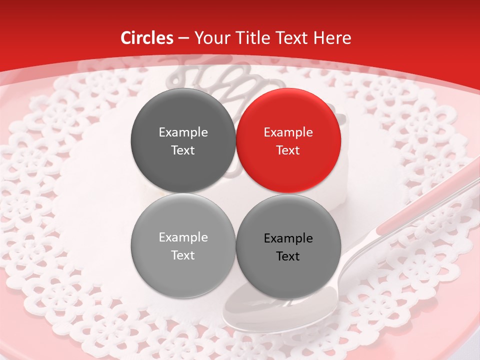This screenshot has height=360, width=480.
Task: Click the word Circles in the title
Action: click(x=147, y=38)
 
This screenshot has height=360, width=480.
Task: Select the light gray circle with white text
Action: click(x=183, y=246)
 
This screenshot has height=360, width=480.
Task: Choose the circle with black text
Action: click(x=288, y=246)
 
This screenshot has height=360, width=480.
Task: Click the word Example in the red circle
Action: click(x=288, y=132)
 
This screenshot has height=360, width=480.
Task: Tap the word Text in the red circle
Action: click(x=288, y=150)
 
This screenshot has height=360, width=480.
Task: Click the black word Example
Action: click(x=288, y=238)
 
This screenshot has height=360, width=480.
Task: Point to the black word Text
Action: click(x=288, y=256)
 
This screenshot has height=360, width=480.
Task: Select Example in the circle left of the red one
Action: click(x=183, y=132)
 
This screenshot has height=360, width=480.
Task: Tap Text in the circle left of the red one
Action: click(x=183, y=150)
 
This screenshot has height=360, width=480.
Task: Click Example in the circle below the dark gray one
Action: click(x=183, y=237)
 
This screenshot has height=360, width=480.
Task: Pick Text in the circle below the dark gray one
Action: click(x=183, y=255)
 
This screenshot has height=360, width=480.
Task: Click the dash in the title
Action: click(x=183, y=38)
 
